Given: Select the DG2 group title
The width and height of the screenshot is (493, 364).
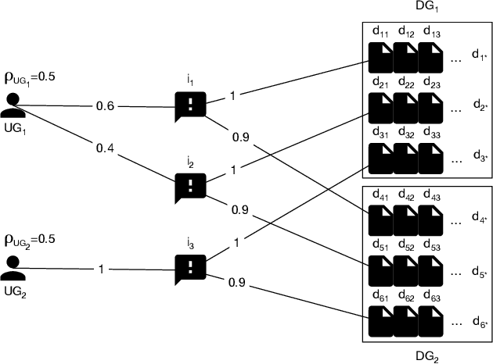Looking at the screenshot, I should [x=429, y=355].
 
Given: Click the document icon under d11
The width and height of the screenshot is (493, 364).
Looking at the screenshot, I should [x=382, y=55].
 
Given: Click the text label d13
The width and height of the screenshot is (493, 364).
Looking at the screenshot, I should [x=431, y=33].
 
